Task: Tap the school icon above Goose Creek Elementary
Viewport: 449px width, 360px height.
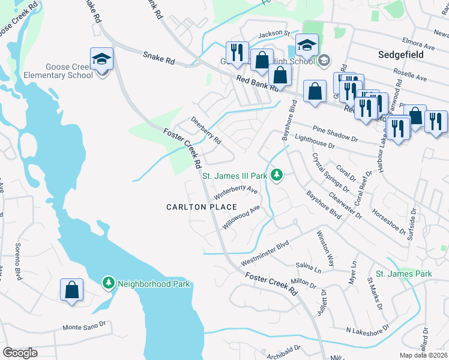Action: tap(101, 59)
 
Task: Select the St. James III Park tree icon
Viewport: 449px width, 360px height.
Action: tap(277, 175)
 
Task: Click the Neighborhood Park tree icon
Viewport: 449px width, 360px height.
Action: tap(108, 282)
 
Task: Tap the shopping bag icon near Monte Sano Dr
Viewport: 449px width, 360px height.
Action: tap(71, 290)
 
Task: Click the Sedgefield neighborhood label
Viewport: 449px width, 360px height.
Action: tap(401, 55)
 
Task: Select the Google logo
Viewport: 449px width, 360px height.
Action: tap(20, 352)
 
